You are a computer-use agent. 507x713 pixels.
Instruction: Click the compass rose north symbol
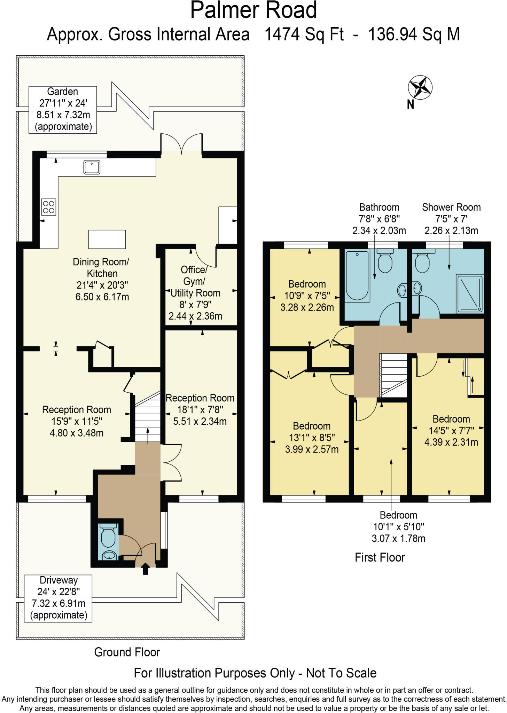click(x=420, y=87)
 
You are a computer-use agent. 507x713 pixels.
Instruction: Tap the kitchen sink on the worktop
click(x=92, y=167)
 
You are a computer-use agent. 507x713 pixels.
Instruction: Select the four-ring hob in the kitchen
click(x=49, y=207)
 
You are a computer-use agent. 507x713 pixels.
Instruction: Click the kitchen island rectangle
click(x=107, y=239)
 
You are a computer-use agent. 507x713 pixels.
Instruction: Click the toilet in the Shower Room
click(x=422, y=261)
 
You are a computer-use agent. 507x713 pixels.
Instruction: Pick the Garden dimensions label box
click(x=63, y=110)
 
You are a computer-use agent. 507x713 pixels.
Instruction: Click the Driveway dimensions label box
click(x=58, y=598)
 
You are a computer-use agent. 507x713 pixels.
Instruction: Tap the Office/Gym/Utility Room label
click(x=195, y=292)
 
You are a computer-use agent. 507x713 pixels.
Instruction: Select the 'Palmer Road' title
click(x=253, y=10)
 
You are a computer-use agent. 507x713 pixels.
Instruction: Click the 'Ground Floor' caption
click(x=127, y=652)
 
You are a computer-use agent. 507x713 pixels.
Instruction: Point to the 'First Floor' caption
click(x=380, y=557)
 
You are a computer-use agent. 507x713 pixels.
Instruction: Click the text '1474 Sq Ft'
click(x=304, y=34)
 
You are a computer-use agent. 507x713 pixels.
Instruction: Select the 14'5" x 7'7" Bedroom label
click(x=451, y=430)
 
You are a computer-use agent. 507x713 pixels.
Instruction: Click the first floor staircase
click(x=393, y=375)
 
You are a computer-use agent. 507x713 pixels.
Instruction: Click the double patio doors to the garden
click(x=181, y=143)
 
